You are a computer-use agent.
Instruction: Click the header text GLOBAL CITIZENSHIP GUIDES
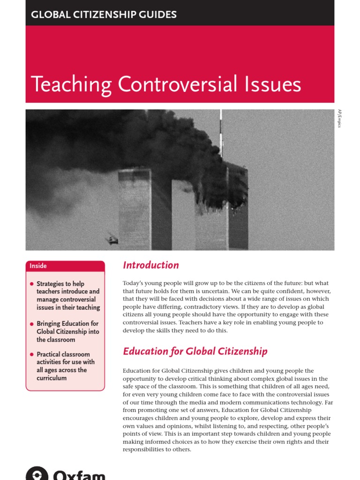pyautogui.click(x=104, y=15)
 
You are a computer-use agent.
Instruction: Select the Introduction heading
pyautogui.click(x=150, y=265)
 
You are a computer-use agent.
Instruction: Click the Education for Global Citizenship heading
pyautogui.click(x=195, y=351)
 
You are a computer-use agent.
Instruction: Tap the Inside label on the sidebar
pyautogui.click(x=38, y=266)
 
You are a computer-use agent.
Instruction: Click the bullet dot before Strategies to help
pyautogui.click(x=32, y=284)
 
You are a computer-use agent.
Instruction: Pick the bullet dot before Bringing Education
pyautogui.click(x=32, y=324)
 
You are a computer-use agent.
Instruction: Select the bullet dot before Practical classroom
pyautogui.click(x=32, y=354)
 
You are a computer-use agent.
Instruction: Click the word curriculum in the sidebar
pyautogui.click(x=52, y=378)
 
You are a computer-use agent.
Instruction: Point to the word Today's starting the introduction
pyautogui.click(x=134, y=283)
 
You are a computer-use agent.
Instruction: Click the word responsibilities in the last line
pyautogui.click(x=146, y=449)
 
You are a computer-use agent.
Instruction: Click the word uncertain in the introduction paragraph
pyautogui.click(x=212, y=291)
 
